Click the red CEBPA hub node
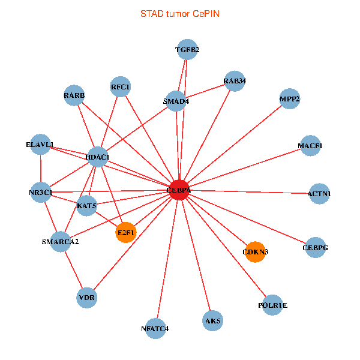tap(179, 190)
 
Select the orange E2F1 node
tap(126, 232)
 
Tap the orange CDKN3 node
tap(256, 251)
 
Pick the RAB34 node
tap(235, 81)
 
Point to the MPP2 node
tap(290, 98)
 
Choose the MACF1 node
tap(310, 146)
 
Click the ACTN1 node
tap(319, 194)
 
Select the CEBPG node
tap(316, 247)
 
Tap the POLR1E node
tap(273, 305)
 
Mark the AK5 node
tap(213, 321)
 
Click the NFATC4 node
tap(155, 328)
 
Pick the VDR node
tap(87, 297)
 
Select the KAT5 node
tap(87, 206)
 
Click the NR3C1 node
tap(41, 193)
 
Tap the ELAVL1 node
tap(40, 145)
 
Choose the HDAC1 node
tap(98, 157)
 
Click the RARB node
tap(74, 96)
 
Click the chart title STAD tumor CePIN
tap(179, 13)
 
